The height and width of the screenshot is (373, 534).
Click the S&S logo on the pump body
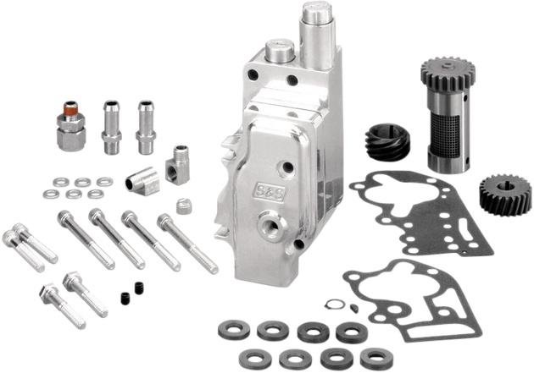click(270, 193)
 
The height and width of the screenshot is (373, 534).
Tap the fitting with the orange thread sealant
click(70, 126)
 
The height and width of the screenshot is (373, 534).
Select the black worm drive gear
click(387, 143)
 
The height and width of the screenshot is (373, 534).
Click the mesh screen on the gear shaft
click(445, 134)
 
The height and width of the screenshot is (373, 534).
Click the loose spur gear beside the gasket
click(505, 195)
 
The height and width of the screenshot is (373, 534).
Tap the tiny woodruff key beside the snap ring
click(353, 307)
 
